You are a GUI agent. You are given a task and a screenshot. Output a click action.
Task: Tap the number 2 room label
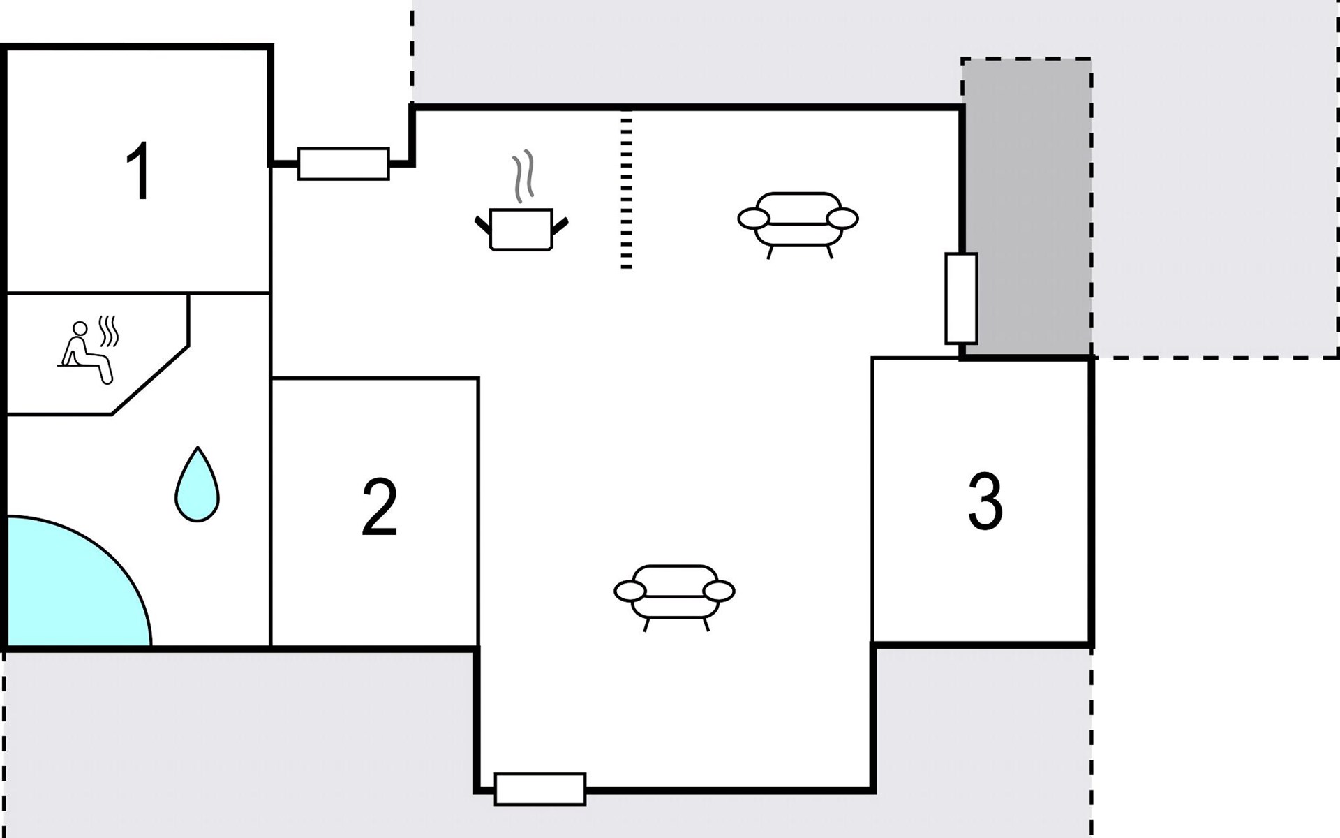click(379, 507)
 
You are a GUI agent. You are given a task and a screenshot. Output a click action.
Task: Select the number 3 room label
click(985, 501)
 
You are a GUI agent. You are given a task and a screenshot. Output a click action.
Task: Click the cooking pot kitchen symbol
click(521, 228)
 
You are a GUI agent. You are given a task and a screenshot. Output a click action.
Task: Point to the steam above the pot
click(523, 175)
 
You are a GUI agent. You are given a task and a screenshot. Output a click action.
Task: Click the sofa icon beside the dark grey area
click(798, 219)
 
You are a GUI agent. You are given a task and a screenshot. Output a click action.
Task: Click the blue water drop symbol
click(197, 486)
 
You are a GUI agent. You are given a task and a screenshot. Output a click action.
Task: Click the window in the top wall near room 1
click(343, 164)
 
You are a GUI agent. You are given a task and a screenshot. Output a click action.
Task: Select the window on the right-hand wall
click(961, 298)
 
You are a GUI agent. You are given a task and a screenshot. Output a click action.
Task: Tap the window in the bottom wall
click(540, 789)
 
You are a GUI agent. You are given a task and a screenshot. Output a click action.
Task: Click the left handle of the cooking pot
click(482, 224)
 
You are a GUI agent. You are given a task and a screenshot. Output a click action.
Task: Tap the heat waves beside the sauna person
click(109, 331)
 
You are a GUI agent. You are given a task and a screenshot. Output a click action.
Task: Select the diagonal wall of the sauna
click(151, 380)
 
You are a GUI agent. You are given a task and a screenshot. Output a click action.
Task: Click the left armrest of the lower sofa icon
click(630, 591)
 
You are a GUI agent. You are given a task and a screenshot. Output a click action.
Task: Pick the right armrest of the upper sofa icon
click(842, 219)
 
